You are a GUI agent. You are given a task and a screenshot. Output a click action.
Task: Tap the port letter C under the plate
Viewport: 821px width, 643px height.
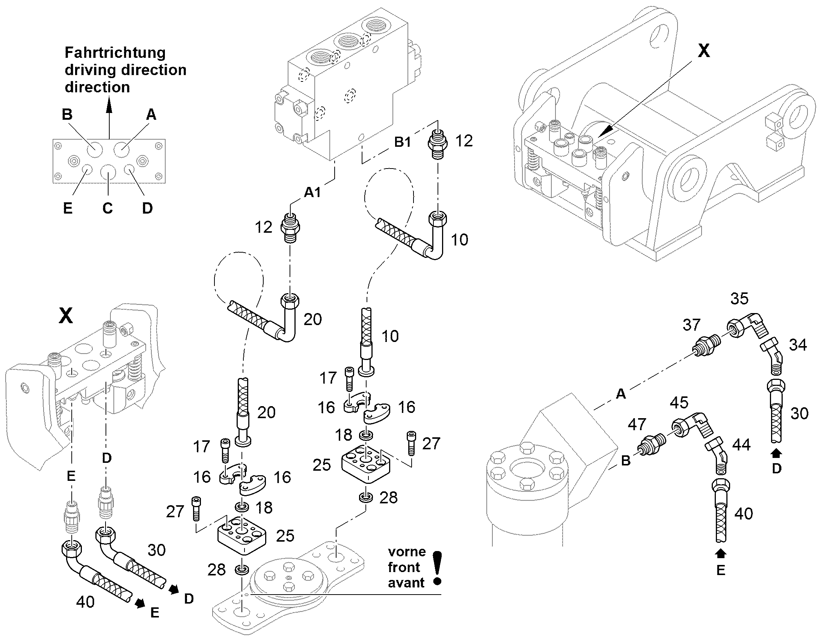pos(107,208)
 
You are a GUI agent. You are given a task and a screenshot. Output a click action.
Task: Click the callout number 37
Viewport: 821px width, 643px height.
pos(691,325)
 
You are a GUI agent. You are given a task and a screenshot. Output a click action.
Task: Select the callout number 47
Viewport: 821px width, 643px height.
pos(637,424)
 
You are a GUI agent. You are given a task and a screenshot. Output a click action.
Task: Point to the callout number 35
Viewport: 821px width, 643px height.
pos(739,298)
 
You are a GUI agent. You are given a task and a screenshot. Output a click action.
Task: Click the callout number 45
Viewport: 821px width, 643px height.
pos(679,402)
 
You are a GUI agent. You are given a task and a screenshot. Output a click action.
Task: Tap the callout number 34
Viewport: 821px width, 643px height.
pos(798,345)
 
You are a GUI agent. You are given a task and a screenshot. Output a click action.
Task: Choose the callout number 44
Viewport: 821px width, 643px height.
pos(741,444)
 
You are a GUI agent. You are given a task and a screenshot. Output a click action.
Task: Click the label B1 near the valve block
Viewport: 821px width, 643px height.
pos(403,142)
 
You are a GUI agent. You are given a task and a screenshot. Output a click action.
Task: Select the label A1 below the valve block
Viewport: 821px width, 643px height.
pos(312,192)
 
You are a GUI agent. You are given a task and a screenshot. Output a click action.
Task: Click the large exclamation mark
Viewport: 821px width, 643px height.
pos(437,568)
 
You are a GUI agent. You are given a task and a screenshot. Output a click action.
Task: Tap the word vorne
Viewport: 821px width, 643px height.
pos(407,552)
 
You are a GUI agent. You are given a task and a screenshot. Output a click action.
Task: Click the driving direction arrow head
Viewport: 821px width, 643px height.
pos(109,104)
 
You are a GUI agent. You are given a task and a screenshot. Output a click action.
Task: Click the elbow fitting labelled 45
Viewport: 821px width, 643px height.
pos(691,426)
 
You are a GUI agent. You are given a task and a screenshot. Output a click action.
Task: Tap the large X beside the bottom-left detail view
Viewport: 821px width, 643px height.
pos(66,316)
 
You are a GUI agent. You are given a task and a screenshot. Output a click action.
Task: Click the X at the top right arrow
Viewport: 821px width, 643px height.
pos(703,51)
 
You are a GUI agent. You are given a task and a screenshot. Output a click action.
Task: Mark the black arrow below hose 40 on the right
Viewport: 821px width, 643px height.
pos(721,553)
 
